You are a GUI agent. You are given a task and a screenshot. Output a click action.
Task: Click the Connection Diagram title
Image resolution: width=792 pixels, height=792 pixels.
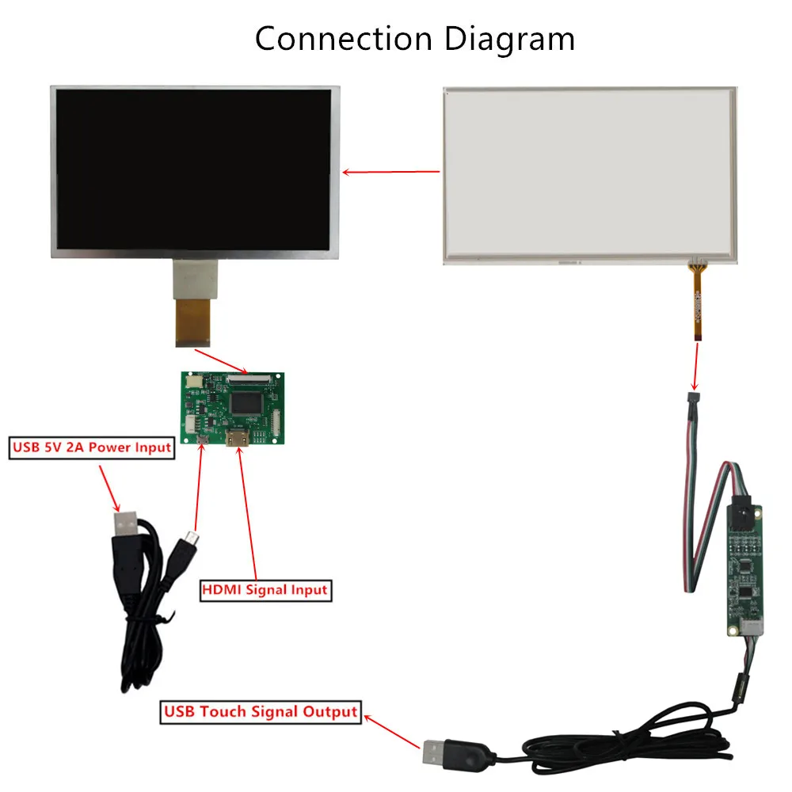point(414,39)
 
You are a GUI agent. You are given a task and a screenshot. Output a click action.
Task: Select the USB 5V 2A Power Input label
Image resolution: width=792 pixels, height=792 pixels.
point(91,447)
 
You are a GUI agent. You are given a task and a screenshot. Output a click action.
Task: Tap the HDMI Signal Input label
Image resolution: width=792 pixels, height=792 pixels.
point(265,589)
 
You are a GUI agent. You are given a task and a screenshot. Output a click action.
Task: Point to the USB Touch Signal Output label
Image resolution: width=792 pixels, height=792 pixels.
point(261,711)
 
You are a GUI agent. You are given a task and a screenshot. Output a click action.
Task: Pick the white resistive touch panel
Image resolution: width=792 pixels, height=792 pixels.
point(589,174)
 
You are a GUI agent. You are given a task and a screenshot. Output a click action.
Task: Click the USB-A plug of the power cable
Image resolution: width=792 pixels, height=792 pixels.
point(127,525)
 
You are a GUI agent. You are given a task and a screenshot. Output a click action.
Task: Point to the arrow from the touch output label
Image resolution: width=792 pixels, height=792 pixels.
point(392,730)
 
